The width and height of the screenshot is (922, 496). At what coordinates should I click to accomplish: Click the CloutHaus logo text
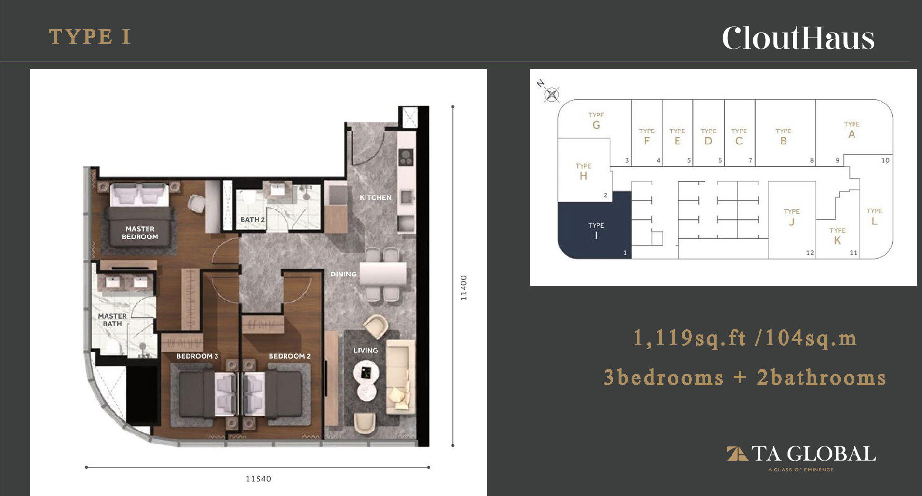click(x=798, y=38)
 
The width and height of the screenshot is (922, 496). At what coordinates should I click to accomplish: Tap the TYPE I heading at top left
click(x=90, y=37)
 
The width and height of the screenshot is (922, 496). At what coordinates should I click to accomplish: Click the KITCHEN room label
click(x=376, y=197)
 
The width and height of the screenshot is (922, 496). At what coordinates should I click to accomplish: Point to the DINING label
click(x=343, y=274)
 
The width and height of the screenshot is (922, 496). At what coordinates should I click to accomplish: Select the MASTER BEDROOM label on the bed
click(x=140, y=233)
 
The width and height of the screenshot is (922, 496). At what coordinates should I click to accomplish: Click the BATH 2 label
click(x=253, y=220)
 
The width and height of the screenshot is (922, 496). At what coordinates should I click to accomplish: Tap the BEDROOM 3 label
click(x=197, y=356)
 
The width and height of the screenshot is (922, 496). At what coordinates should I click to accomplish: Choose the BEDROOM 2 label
click(x=289, y=356)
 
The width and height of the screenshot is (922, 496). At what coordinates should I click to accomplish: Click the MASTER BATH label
click(x=112, y=320)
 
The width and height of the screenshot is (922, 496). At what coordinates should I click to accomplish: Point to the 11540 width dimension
click(x=258, y=479)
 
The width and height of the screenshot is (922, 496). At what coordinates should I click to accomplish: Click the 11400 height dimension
click(x=464, y=288)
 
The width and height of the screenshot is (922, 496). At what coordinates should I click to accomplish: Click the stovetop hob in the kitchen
click(x=406, y=157)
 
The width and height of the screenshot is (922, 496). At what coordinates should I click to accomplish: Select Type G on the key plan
click(x=596, y=121)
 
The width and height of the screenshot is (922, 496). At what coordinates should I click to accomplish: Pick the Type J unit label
click(x=791, y=218)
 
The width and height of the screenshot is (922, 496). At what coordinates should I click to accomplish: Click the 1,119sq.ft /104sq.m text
click(x=745, y=338)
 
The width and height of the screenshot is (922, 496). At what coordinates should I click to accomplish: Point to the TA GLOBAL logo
click(x=801, y=458)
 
